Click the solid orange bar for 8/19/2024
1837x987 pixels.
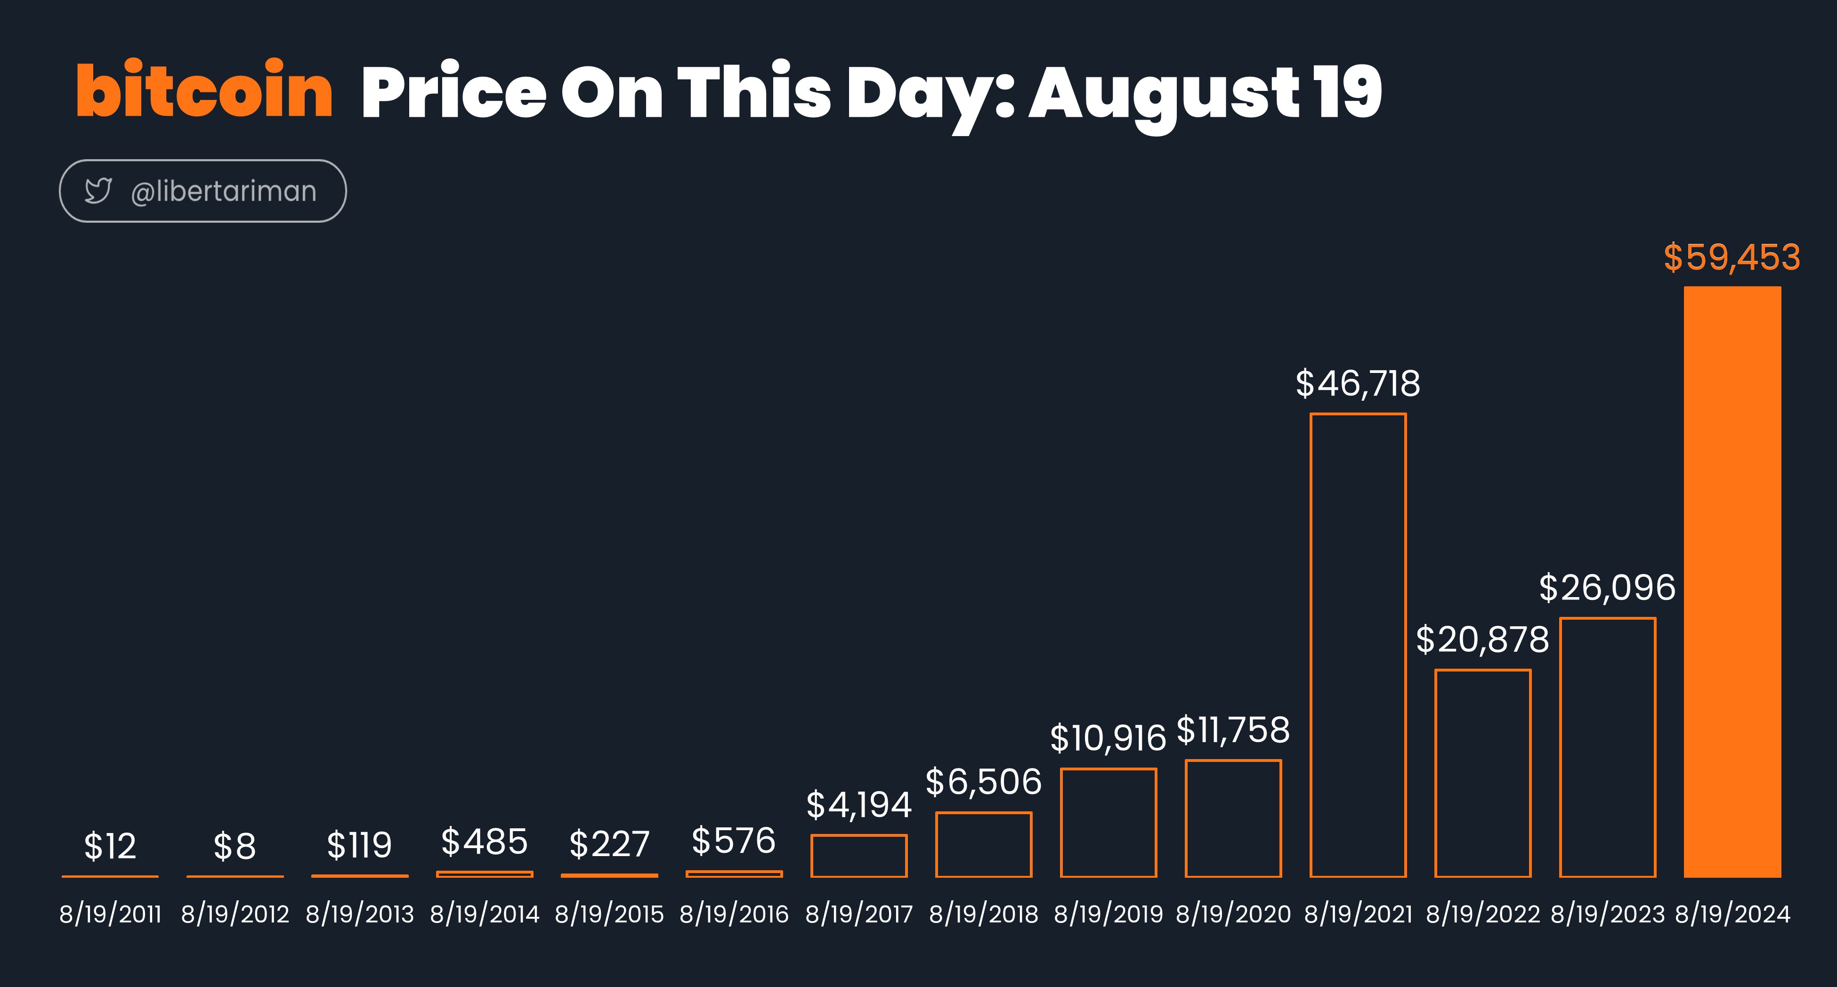(x=1732, y=581)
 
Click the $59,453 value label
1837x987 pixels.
(x=1732, y=258)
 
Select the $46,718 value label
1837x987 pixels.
(x=1358, y=384)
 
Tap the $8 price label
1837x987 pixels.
(x=235, y=847)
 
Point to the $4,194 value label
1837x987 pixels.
(x=858, y=805)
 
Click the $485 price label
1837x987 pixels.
(x=484, y=841)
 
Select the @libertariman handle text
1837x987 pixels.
(x=223, y=191)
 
